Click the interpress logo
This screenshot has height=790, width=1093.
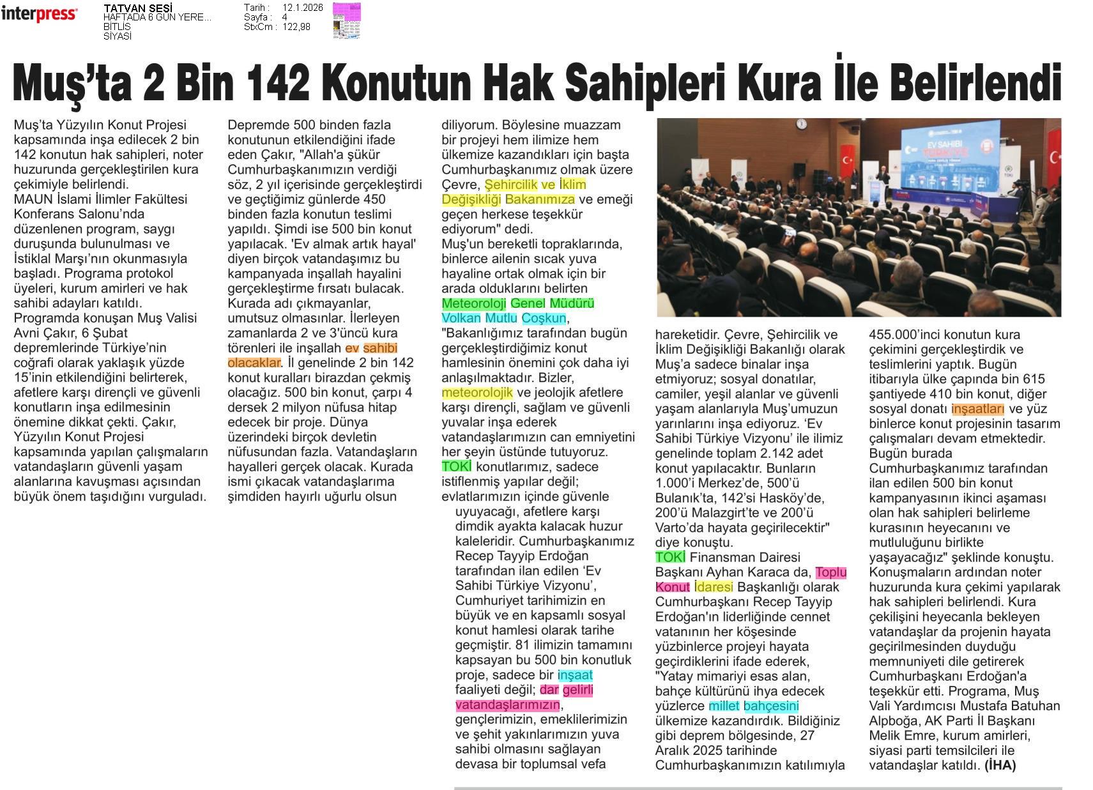39,13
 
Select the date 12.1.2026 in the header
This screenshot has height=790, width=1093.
302,8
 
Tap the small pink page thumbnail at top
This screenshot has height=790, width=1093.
346,20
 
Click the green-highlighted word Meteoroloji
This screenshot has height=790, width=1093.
473,303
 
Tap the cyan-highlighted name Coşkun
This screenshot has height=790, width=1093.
544,318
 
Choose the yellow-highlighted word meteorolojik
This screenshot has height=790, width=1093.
477,392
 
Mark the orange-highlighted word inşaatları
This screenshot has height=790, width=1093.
977,409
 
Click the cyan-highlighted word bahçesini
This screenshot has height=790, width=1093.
771,706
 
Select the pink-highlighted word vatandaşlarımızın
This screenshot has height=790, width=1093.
507,705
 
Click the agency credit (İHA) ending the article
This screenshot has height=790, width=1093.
1000,764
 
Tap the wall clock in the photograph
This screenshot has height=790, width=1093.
801,124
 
